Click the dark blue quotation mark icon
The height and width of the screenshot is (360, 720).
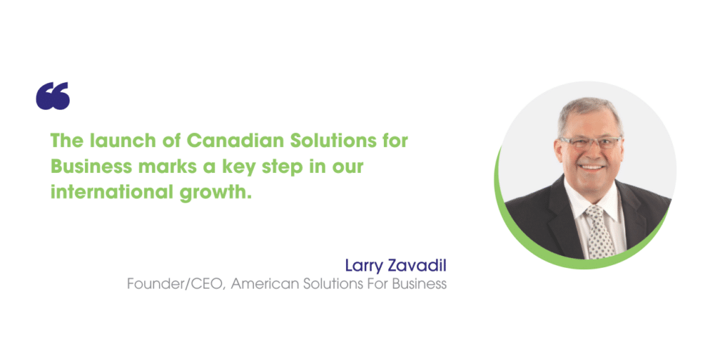coord(53,96)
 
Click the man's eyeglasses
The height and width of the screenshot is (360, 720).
coord(591,142)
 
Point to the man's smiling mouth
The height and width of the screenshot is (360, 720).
coord(592,167)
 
